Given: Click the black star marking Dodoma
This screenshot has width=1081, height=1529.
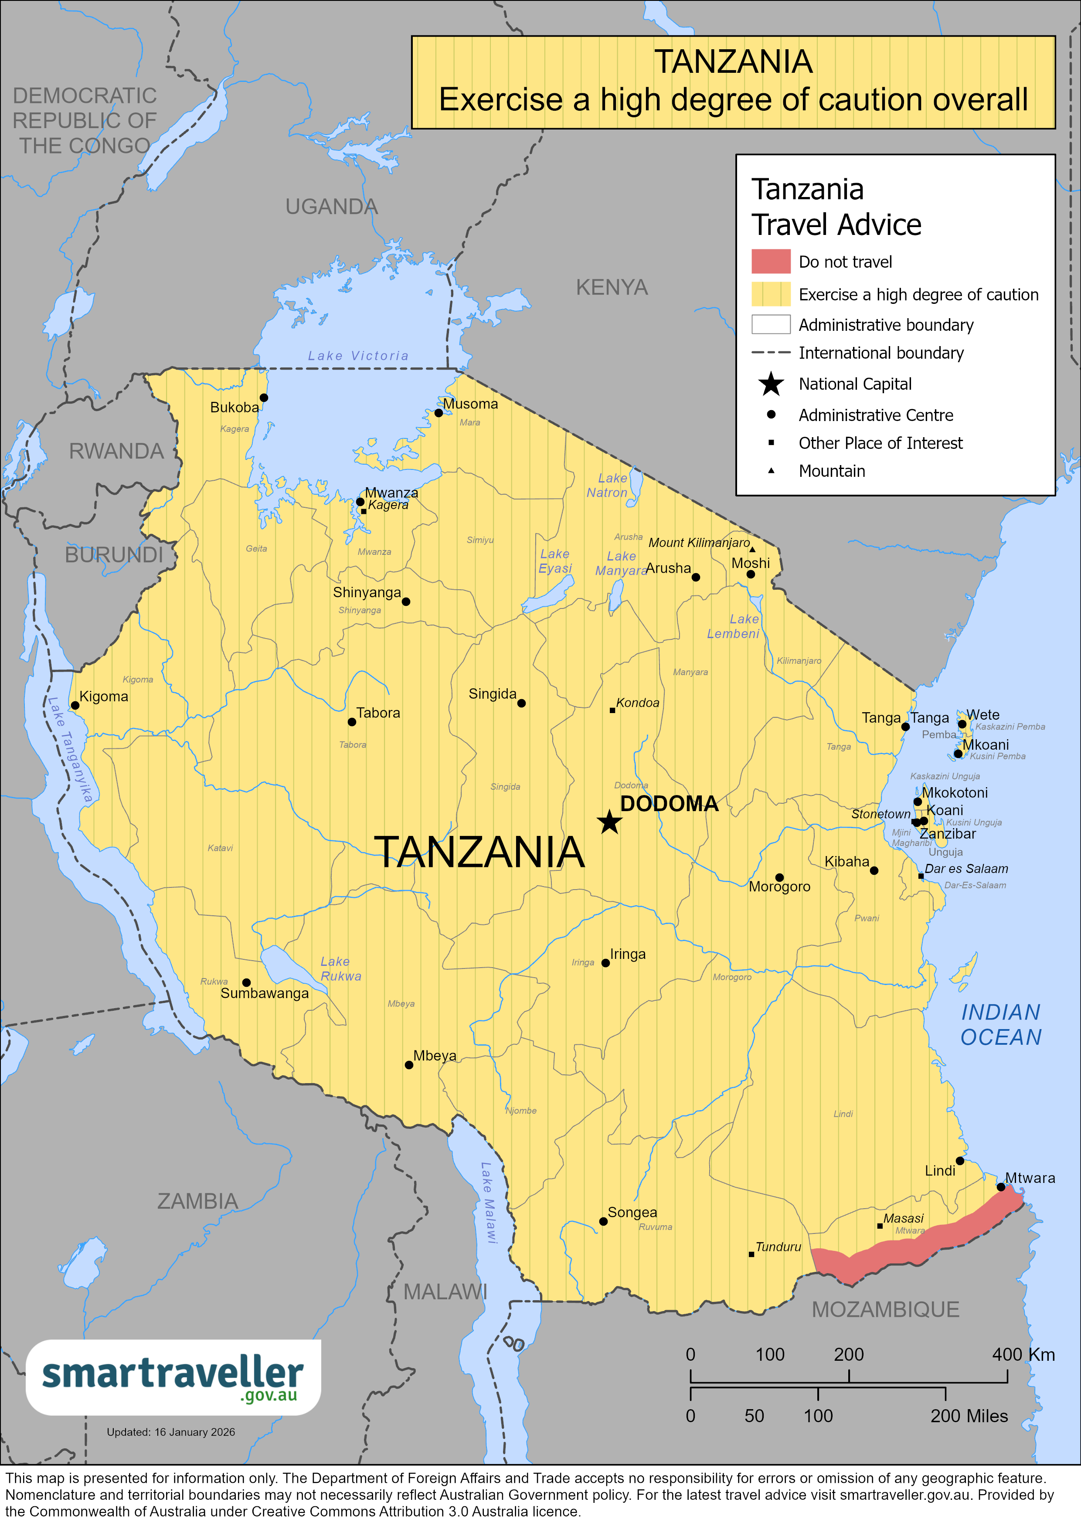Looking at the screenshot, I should point(609,822).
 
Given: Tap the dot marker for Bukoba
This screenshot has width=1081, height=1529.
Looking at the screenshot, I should point(264,398).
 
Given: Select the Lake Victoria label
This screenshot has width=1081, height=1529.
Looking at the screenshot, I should point(358,356).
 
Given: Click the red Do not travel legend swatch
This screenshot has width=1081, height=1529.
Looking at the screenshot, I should point(771,261).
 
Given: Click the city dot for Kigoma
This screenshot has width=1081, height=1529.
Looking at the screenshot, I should point(75,705).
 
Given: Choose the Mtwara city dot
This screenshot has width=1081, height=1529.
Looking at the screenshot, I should point(1000,1187).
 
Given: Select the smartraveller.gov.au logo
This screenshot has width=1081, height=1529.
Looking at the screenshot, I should point(173,1377).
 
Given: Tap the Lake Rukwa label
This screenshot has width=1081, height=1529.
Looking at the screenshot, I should point(340,968).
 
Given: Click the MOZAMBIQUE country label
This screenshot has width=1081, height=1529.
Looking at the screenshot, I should point(885,1309).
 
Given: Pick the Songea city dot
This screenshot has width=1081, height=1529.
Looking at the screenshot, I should point(603,1221).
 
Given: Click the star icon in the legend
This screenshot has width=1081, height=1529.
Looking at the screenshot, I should point(771,384).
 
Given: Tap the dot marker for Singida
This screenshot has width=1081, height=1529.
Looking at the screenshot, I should point(521,703).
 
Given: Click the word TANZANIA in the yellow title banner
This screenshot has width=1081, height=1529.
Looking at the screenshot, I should point(733,62).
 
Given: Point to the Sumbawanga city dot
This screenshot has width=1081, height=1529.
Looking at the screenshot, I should point(246,982).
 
